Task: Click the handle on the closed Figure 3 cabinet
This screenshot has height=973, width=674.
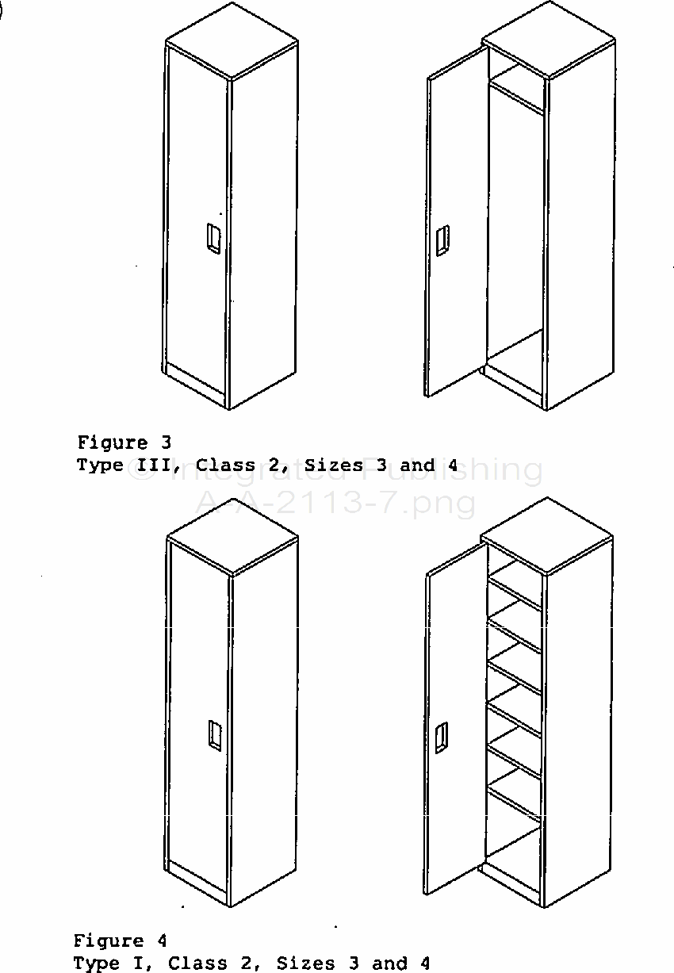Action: coord(213,238)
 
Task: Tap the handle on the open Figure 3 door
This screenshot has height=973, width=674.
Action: coord(442,240)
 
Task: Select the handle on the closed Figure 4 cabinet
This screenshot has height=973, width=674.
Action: coord(215,735)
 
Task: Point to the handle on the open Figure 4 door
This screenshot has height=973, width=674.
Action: coord(442,738)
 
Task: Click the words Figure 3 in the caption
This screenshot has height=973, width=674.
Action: coord(124,442)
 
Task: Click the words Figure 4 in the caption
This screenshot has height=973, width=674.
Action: coord(121,940)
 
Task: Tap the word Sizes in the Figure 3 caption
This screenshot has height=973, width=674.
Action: coord(334,465)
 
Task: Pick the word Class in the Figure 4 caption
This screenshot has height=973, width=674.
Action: coord(197,963)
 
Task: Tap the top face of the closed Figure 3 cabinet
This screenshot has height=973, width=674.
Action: coord(232,40)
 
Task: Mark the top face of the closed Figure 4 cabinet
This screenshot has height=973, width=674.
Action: coord(233,538)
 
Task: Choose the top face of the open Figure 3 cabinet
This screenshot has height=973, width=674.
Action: coord(549,40)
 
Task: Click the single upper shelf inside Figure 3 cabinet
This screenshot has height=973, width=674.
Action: coord(516,87)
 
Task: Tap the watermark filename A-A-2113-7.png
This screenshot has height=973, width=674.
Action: coord(335,504)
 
